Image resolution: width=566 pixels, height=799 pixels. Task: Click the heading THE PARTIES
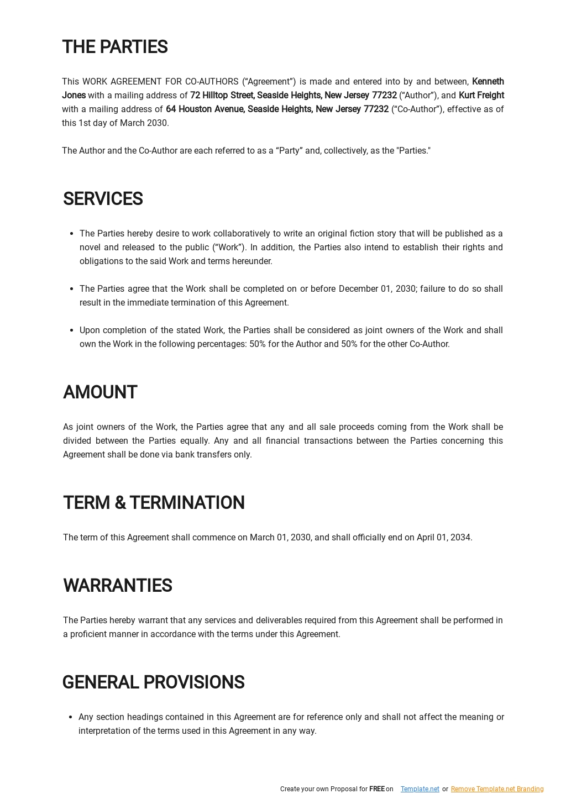(x=114, y=47)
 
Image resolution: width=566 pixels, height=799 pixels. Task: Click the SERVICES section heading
(x=103, y=199)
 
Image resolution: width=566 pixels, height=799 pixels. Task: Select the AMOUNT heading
(x=100, y=392)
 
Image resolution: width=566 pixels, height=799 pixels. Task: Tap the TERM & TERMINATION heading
(x=154, y=503)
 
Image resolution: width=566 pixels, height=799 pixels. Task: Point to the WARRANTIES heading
(x=117, y=586)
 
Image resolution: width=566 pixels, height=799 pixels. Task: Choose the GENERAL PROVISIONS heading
(x=153, y=682)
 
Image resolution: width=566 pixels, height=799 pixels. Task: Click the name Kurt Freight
(x=481, y=96)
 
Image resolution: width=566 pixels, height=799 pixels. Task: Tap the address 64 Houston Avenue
(x=205, y=109)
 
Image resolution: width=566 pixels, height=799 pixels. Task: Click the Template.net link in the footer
(x=420, y=789)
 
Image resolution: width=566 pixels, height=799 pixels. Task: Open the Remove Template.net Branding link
(x=497, y=789)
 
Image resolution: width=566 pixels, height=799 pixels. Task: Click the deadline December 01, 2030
(x=377, y=289)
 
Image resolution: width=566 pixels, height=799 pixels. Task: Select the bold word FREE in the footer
(x=376, y=789)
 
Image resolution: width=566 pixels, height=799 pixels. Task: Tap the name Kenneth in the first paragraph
(x=488, y=82)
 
